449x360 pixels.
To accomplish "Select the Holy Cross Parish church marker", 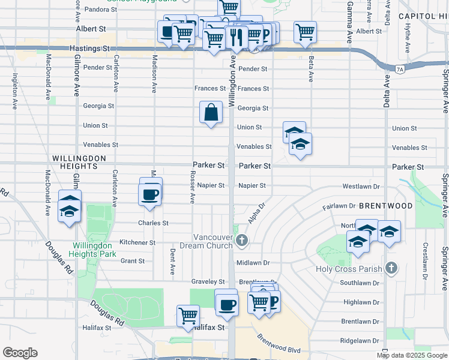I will (x=391, y=268).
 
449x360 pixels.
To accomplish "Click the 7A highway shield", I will (x=400, y=70).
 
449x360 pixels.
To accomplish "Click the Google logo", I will (x=20, y=353).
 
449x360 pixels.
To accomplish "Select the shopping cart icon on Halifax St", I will (x=188, y=314).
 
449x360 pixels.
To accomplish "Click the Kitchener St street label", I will (x=137, y=243).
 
